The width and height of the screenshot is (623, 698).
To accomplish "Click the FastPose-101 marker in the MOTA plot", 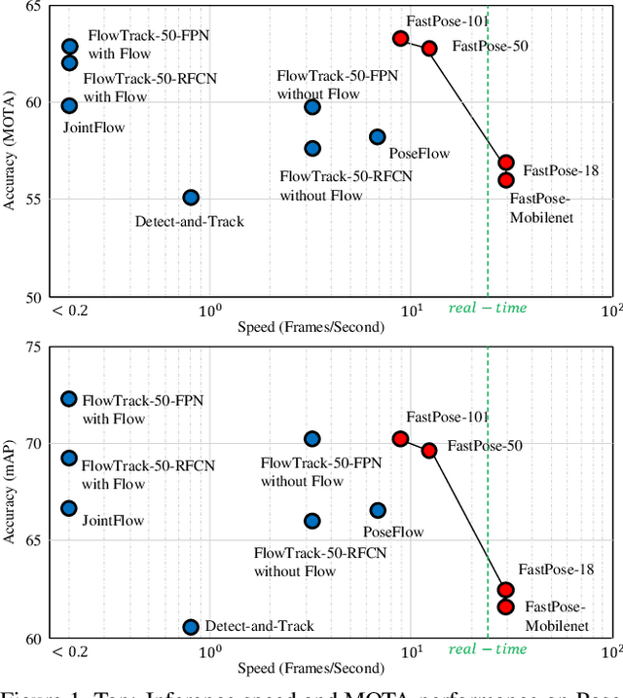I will (x=400, y=38).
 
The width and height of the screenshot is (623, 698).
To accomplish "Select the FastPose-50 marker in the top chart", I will (x=429, y=48).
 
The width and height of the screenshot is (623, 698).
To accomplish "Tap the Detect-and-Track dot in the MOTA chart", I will (x=191, y=198).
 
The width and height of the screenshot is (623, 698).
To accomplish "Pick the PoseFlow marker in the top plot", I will (x=377, y=137).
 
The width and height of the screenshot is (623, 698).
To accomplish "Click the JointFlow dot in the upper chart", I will (x=69, y=105).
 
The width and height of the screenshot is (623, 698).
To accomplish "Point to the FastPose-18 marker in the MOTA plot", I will (x=506, y=163).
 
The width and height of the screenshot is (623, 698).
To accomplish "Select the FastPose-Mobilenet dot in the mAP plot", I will (x=505, y=606).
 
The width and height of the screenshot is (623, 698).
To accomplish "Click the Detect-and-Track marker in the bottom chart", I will (x=191, y=627).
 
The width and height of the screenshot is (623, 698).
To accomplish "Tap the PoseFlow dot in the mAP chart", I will (x=377, y=510).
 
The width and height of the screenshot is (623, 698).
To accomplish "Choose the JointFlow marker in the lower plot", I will (x=69, y=508).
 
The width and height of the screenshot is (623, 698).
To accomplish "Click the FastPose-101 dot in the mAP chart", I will (x=400, y=439).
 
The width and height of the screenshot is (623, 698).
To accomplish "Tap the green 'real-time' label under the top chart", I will (x=488, y=309).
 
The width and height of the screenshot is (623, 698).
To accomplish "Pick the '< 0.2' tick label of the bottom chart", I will (x=69, y=651).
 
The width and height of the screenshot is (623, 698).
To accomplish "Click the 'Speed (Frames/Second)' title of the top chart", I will (x=311, y=327).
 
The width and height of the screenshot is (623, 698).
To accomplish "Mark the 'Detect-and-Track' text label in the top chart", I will (x=189, y=221).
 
